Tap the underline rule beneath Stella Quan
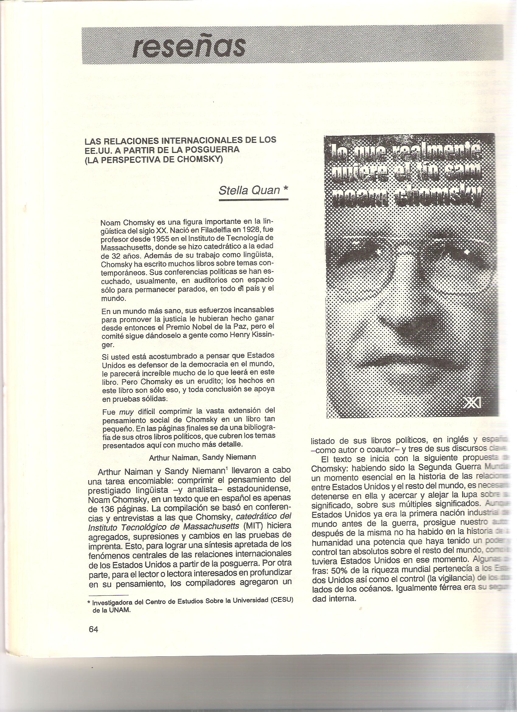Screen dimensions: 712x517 (x=253, y=200)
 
